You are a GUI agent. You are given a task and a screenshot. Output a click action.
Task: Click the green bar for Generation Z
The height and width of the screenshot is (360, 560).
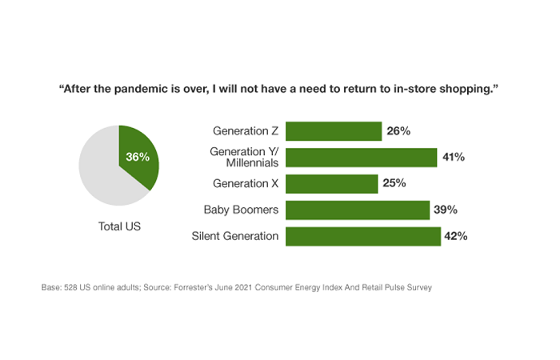pos(333,131)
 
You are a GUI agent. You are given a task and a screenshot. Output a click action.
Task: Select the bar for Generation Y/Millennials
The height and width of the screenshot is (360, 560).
pos(361,158)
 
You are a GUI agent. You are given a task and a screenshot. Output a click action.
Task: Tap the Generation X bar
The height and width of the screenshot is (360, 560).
pos(331,184)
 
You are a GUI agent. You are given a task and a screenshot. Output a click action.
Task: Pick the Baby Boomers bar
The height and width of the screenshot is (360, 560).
pos(358,210)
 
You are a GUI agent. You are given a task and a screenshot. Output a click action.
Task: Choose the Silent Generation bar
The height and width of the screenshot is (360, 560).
pos(363,237)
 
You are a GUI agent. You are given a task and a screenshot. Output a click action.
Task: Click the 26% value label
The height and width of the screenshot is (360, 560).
pos(398,131)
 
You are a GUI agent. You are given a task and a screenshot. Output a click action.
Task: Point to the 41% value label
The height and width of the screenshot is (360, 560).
pos(454,158)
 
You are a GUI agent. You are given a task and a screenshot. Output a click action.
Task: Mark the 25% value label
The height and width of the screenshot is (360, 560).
pos(394,184)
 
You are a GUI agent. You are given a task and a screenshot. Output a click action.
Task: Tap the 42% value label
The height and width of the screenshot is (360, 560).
pos(455,237)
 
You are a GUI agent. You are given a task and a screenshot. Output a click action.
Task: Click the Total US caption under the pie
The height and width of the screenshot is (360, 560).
pos(118,226)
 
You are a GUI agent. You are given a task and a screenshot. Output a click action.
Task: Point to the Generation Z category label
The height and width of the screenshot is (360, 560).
pos(246,131)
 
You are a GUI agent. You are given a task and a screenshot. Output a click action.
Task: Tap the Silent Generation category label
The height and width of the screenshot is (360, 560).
pos(236,237)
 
